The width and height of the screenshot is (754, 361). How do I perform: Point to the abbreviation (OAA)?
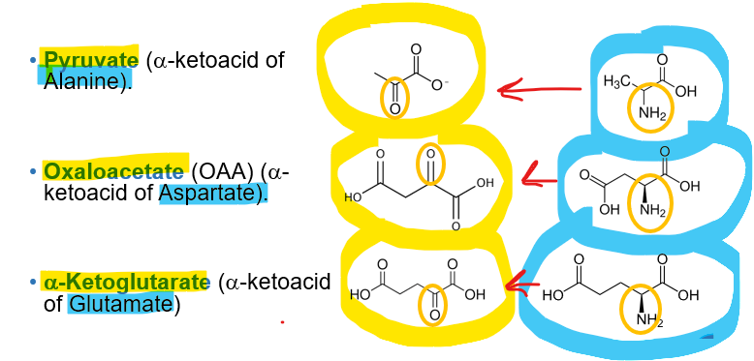(224, 171)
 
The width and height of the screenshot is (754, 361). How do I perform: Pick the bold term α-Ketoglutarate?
(126, 283)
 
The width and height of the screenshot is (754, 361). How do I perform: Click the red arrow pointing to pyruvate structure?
(538, 91)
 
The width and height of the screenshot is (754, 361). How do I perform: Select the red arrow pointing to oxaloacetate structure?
(539, 176)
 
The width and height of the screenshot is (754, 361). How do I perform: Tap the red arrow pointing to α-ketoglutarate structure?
(522, 285)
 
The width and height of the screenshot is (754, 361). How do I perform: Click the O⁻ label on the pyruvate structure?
(441, 84)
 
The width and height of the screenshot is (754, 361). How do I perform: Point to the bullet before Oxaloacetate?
(33, 172)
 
